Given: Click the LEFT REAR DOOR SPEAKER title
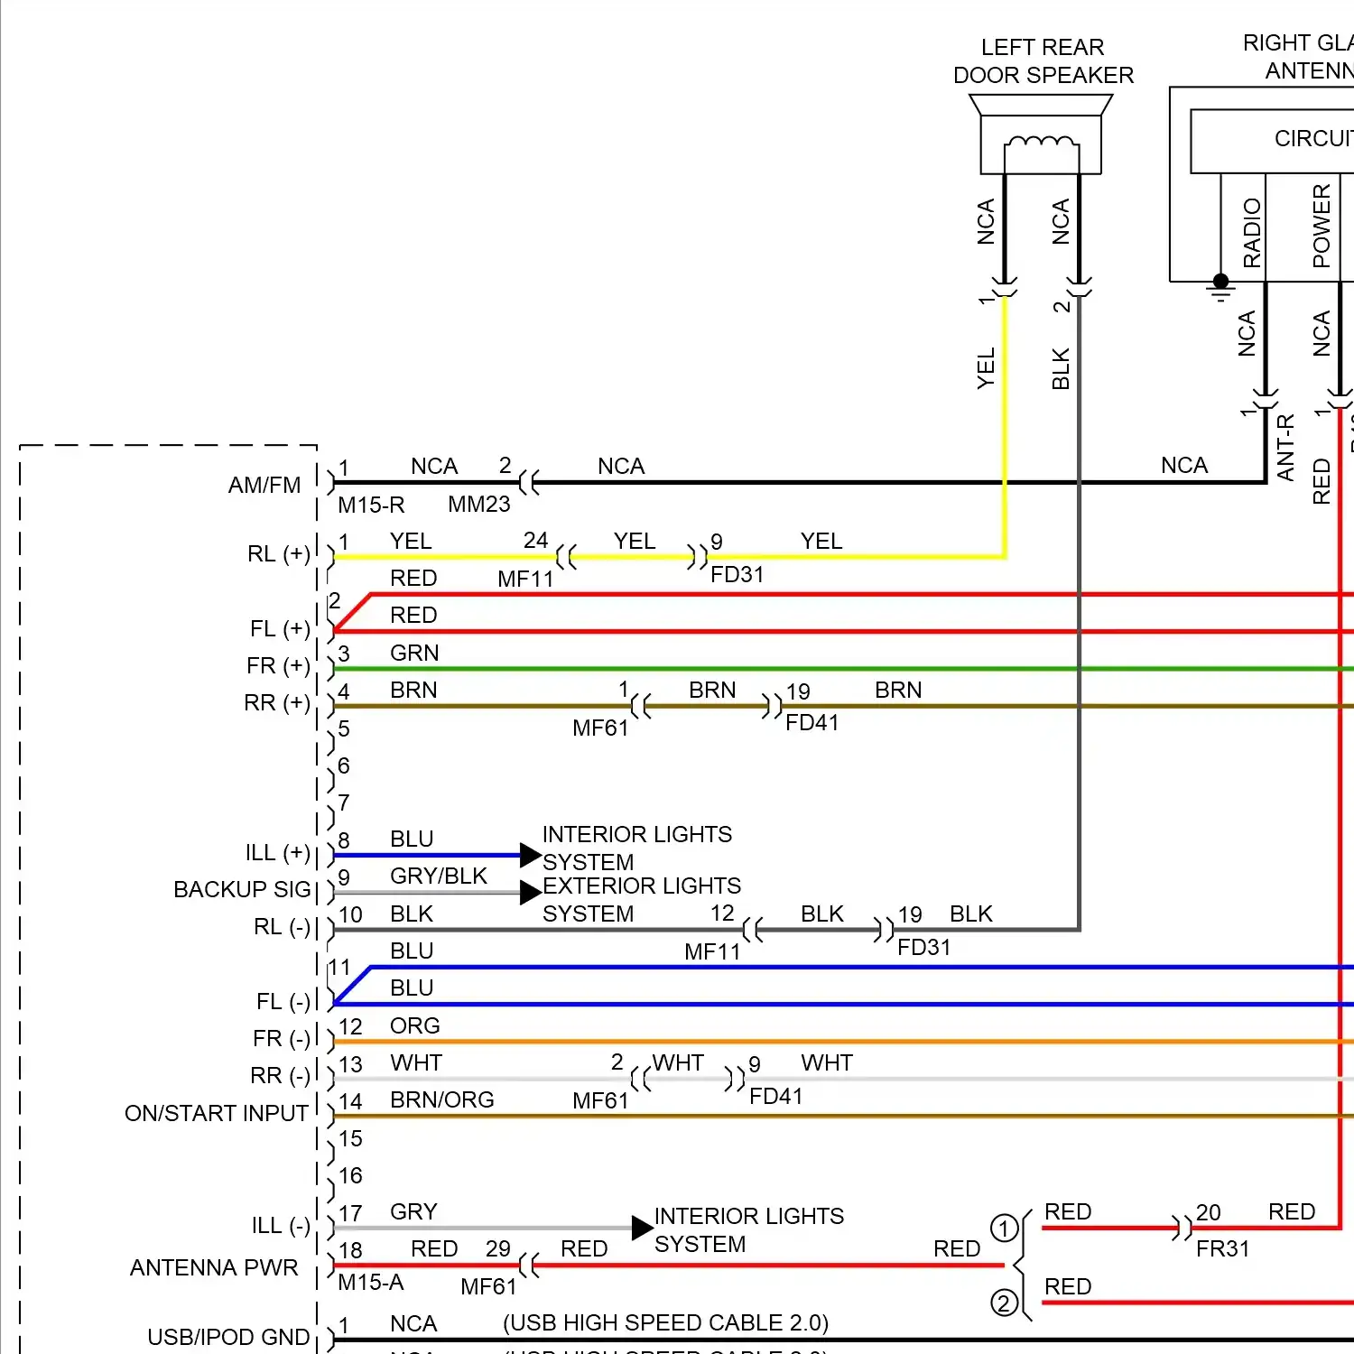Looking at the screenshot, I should pos(1043,61).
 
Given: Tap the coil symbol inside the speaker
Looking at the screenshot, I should pos(1041,143).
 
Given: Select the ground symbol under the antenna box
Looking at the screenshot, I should pos(1220,288).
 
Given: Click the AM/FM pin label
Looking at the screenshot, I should pos(264,486).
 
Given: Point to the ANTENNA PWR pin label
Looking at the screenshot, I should pos(214,1267).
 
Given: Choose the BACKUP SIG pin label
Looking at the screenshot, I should pos(242,890).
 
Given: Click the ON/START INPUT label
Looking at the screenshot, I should pos(217,1113).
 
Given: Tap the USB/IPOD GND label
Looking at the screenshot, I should pos(228,1337).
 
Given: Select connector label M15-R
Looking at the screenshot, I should pos(371,505).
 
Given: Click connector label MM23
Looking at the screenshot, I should pos(479,505).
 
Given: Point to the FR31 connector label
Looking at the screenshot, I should pos(1222,1249).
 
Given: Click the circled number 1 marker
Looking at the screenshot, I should pos(1004,1229).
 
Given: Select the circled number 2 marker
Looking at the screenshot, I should pos(1004,1303).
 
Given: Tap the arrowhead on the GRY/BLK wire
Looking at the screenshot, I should pos(531,893).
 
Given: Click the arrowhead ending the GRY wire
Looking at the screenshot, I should pos(642,1228).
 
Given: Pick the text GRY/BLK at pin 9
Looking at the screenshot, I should pos(438,876).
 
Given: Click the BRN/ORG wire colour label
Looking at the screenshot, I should pos(441,1100).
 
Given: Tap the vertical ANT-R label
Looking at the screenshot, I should pos(1285,447).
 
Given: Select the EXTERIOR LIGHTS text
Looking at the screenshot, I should pos(641,886).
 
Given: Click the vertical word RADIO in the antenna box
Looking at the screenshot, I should pos(1252,233).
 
